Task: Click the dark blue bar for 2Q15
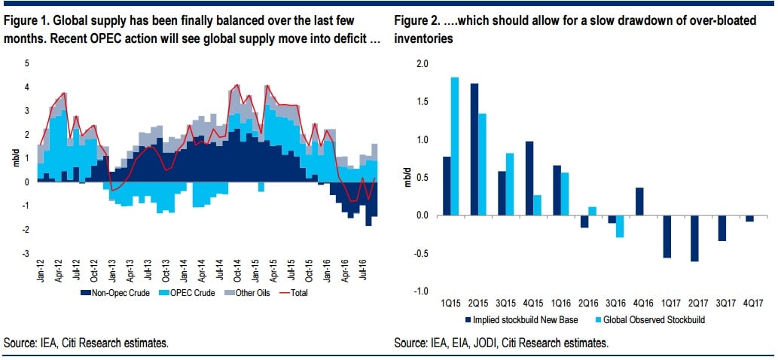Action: [474, 149]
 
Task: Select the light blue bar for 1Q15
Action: [454, 146]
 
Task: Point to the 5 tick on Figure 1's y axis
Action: [27, 63]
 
